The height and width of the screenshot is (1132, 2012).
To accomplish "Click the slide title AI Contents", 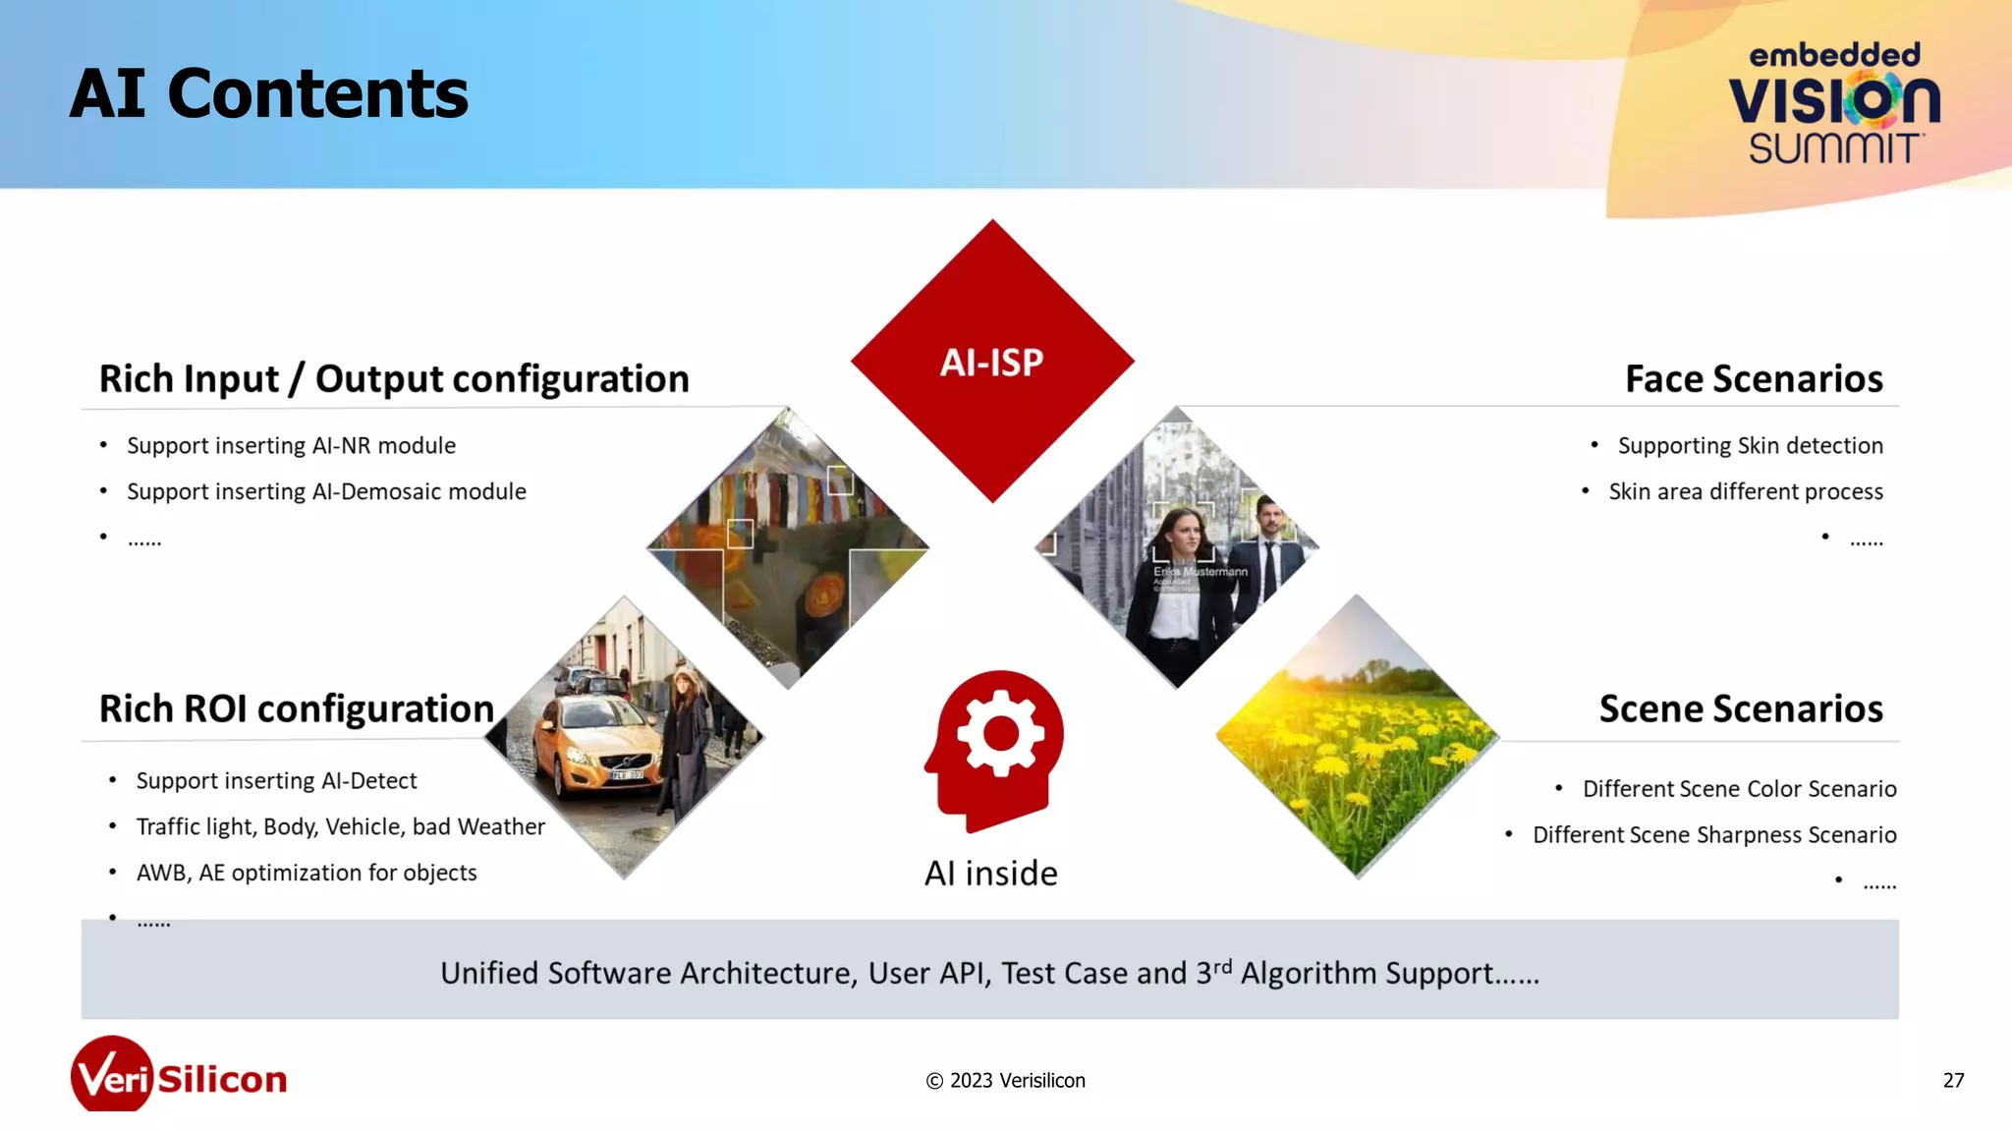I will point(268,94).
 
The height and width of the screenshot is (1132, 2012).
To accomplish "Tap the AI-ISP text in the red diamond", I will point(991,363).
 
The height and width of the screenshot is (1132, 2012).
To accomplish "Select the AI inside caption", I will point(990,874).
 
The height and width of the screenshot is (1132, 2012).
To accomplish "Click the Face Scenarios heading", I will point(1753,379).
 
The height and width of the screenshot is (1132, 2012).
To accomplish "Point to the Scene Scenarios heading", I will point(1740,709).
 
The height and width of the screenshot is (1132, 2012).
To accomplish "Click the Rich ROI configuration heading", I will point(296,709).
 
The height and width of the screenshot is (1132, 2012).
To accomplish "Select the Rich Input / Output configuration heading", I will point(394,379).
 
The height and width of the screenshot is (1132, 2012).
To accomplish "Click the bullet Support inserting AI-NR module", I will point(291,446).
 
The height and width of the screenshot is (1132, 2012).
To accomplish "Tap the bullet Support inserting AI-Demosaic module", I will point(326,492).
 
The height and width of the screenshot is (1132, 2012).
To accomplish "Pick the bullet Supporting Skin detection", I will point(1750,446).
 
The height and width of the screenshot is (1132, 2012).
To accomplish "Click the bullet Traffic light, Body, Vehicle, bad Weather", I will point(340,827).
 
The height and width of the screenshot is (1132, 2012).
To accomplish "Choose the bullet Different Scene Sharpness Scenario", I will point(1713,835).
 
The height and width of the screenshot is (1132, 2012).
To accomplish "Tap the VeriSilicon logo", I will point(179,1077).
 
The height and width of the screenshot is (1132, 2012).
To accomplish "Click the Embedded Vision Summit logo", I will point(1833,102).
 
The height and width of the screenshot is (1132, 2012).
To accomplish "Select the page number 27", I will point(1953,1081).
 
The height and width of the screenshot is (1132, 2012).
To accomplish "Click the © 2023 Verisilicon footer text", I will point(1005,1081).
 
